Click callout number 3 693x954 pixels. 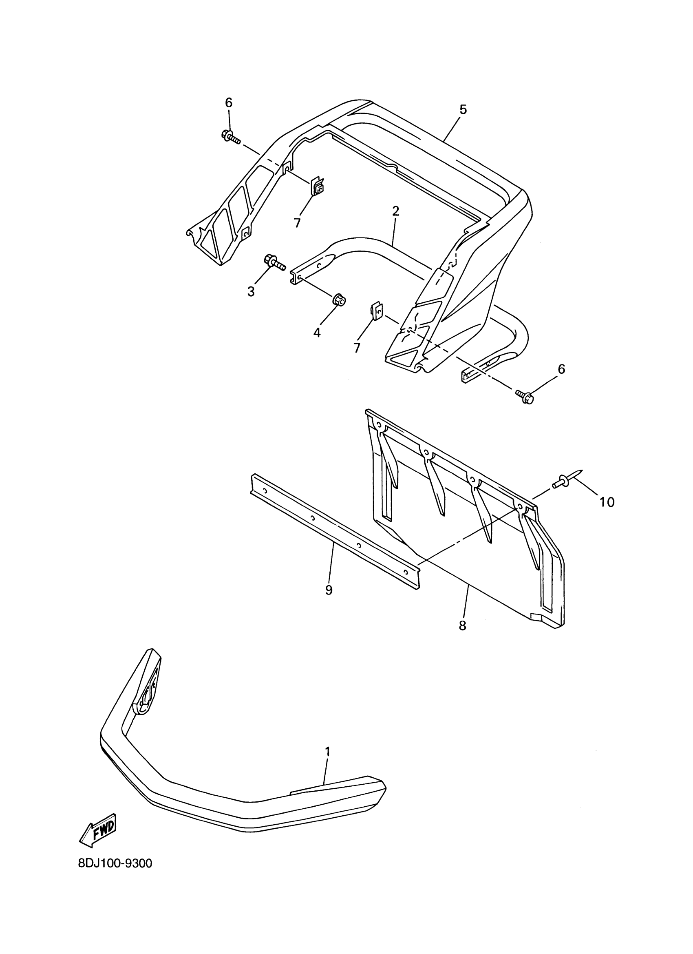[251, 291]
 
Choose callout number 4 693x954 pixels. [317, 332]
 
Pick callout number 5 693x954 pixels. [463, 110]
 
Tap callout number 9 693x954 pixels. [329, 590]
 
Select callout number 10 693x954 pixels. [607, 502]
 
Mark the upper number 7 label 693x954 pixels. [297, 222]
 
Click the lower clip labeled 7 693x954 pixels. [377, 311]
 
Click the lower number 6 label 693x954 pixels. [561, 369]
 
